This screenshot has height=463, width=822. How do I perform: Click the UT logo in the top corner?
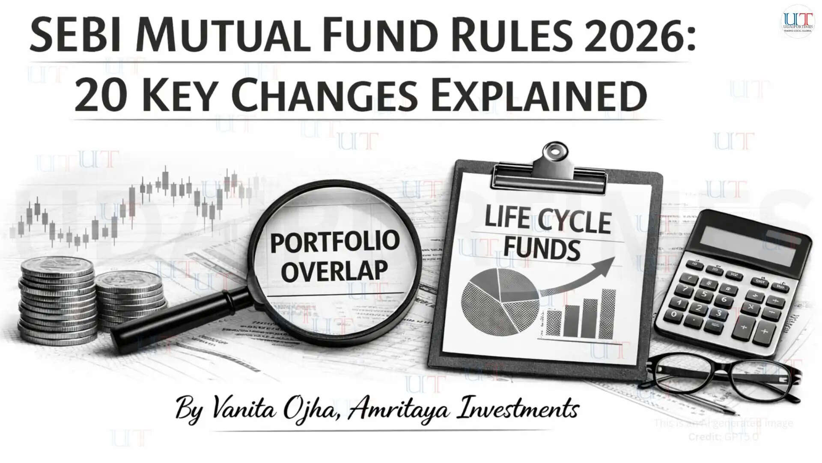point(797,21)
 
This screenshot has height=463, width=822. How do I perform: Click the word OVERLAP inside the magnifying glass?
point(335,271)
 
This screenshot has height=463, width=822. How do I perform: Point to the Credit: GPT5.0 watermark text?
point(724,437)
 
